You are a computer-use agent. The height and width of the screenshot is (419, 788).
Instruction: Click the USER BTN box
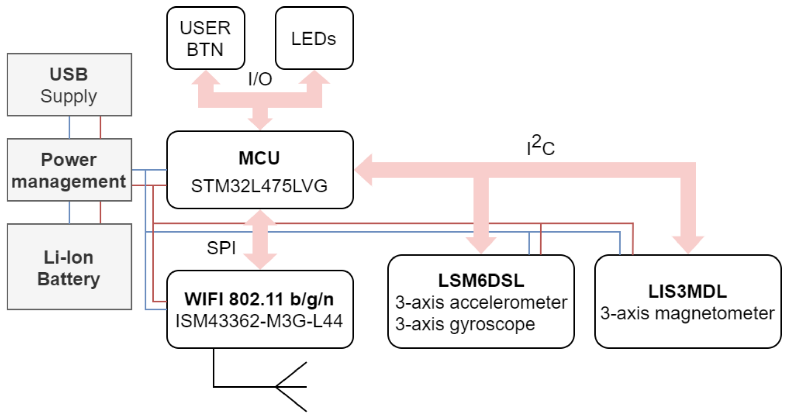[206, 38]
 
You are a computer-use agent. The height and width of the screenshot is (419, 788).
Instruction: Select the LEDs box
[314, 38]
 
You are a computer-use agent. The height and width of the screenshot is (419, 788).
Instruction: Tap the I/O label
[260, 79]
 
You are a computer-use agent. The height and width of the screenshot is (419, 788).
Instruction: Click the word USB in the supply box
[69, 74]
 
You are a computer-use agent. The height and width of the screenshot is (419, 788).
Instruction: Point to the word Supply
[69, 96]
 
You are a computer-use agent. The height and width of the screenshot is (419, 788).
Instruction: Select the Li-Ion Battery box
[69, 267]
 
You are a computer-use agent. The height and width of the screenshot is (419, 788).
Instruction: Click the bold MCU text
[259, 158]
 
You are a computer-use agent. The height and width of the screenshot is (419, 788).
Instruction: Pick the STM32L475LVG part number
[259, 186]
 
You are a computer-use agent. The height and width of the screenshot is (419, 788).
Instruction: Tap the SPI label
[221, 248]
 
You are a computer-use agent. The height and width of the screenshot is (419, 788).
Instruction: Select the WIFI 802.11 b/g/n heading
[259, 299]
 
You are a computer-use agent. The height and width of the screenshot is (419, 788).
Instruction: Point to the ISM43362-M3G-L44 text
[259, 321]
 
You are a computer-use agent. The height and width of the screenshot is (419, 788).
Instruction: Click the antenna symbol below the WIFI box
[291, 387]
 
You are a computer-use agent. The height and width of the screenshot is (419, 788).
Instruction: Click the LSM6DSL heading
[481, 280]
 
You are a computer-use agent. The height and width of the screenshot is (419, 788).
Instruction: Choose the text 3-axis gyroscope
[465, 324]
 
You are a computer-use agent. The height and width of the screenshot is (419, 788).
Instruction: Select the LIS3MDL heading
[688, 292]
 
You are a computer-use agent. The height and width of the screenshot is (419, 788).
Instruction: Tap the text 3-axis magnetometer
[688, 313]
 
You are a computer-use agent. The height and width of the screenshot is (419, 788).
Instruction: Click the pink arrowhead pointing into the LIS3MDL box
[688, 245]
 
